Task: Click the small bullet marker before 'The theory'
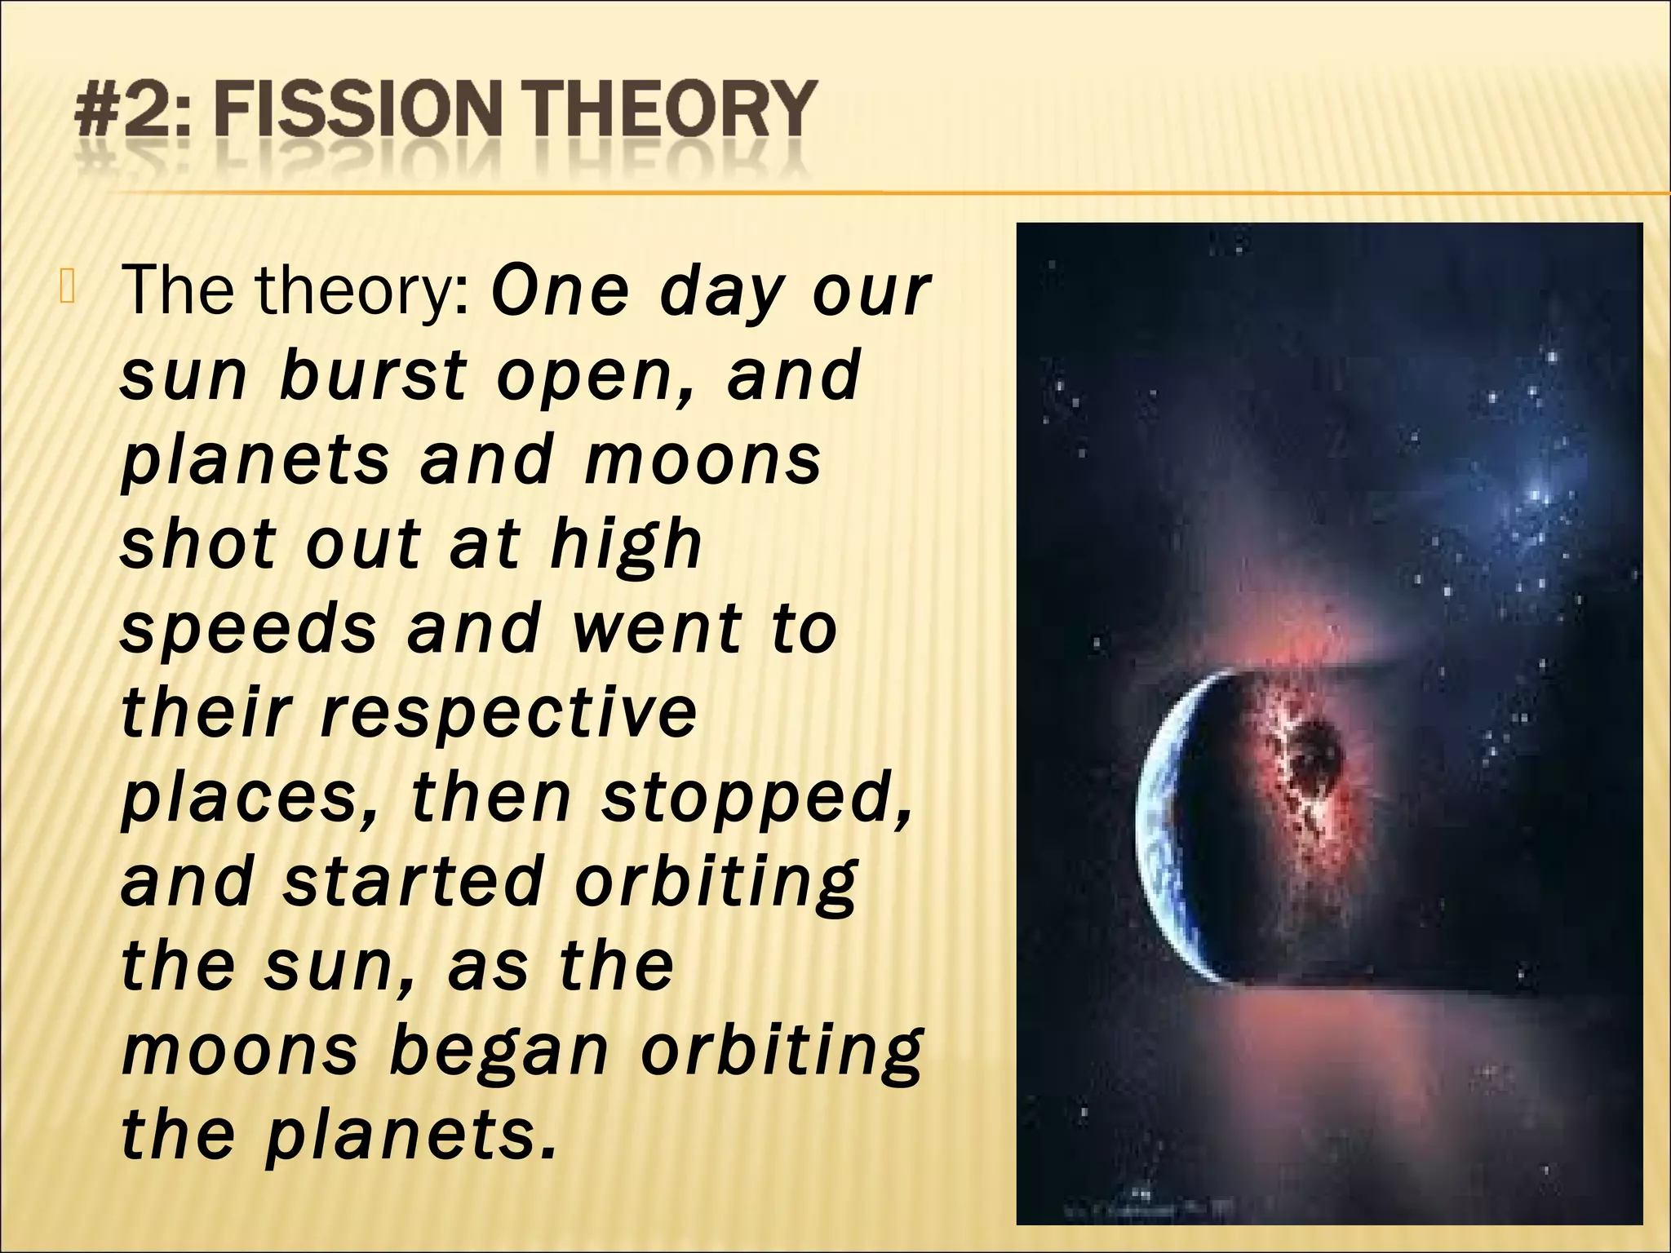click(x=66, y=292)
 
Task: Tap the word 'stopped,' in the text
click(x=756, y=798)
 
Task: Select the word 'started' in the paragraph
click(x=413, y=881)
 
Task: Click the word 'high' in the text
click(x=625, y=545)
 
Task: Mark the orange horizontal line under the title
click(x=816, y=193)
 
